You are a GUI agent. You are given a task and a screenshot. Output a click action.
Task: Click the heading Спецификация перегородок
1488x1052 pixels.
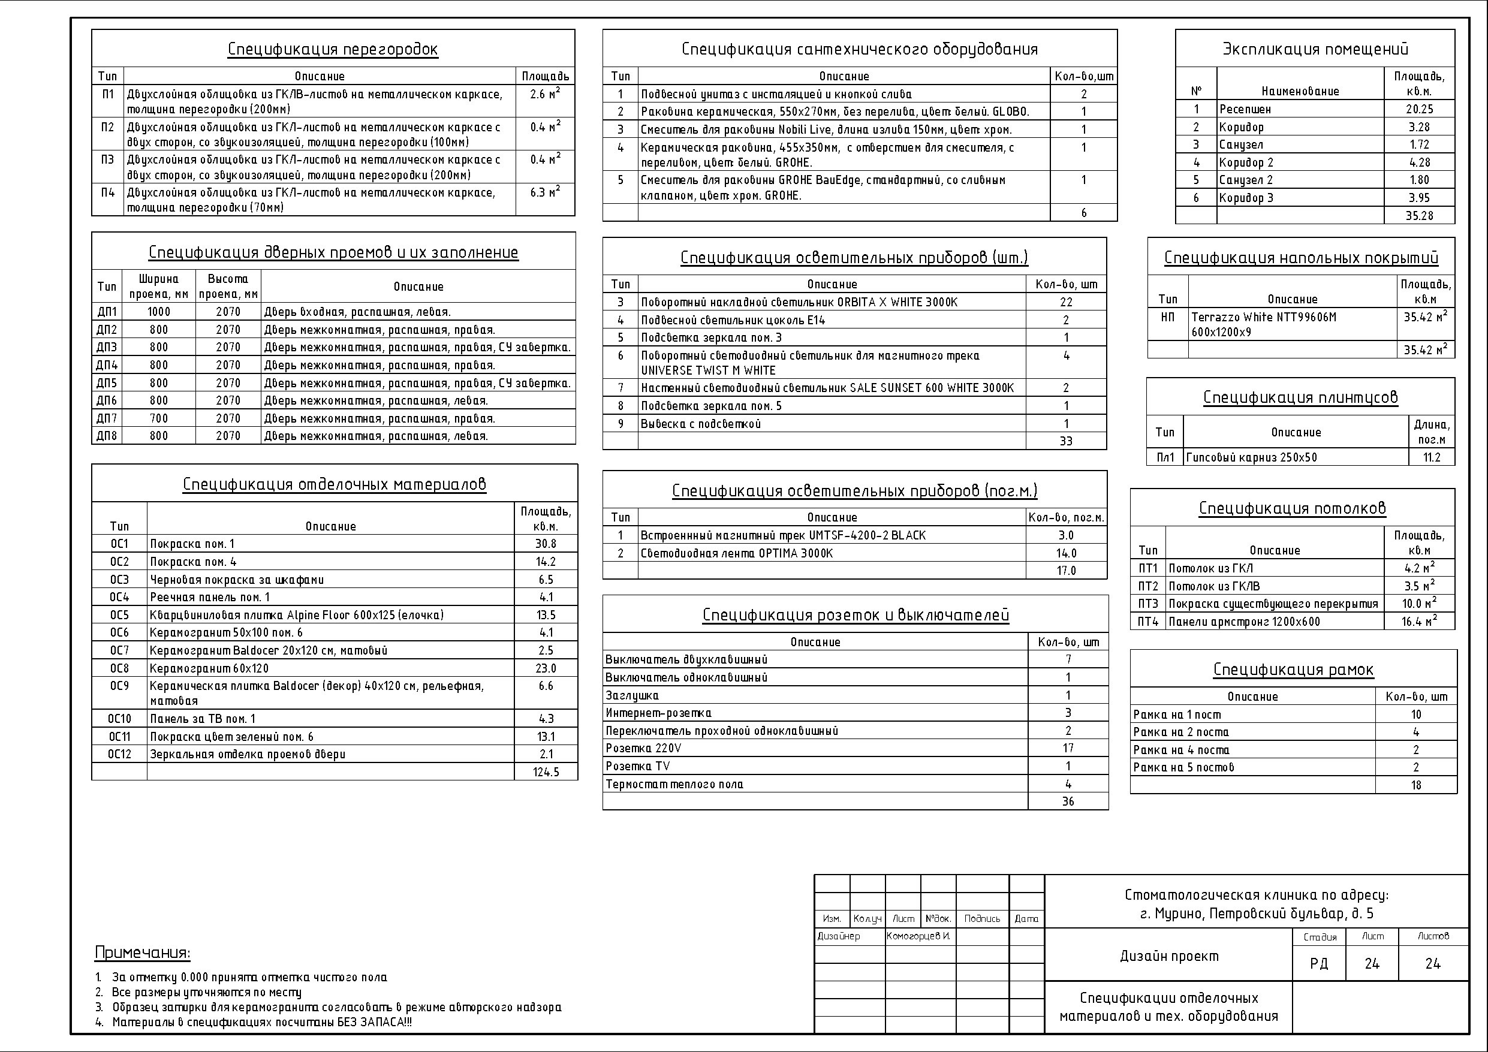[x=333, y=49]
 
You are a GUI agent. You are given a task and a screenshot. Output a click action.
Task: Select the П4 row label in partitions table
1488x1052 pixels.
[x=107, y=192]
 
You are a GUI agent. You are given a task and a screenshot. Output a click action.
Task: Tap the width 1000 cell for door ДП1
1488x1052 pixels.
[x=159, y=312]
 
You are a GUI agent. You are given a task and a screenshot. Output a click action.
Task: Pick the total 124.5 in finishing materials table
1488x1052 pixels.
[x=546, y=772]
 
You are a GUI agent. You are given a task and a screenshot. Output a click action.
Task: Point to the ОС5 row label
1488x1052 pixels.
[x=119, y=615]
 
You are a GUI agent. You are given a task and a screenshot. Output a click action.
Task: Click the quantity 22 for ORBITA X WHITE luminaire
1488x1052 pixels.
[x=1066, y=302]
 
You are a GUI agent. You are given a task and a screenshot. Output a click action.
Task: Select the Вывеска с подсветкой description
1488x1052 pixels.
[x=701, y=424]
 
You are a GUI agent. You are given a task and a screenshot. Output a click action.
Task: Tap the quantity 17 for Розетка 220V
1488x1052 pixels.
[x=1068, y=748]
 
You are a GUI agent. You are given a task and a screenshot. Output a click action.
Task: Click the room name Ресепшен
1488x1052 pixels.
[x=1245, y=110]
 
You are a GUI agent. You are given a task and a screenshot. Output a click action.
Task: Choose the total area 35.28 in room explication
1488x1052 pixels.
[x=1418, y=216]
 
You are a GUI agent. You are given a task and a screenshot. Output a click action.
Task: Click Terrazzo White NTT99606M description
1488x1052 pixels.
[x=1263, y=318]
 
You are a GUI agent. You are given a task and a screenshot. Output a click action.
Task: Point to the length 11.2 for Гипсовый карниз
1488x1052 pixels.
[x=1432, y=457]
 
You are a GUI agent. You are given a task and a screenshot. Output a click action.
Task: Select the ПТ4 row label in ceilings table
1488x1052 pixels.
[x=1147, y=622]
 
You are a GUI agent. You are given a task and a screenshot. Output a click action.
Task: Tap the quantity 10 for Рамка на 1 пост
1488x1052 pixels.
[x=1416, y=715]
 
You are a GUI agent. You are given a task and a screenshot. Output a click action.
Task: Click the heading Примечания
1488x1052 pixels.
[x=142, y=953]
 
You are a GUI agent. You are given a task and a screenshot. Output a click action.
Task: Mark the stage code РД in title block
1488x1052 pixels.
[x=1318, y=964]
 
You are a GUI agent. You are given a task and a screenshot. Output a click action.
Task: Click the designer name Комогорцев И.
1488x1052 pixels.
[x=918, y=936]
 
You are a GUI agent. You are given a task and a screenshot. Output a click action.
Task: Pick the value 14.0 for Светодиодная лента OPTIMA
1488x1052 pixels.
[x=1066, y=553]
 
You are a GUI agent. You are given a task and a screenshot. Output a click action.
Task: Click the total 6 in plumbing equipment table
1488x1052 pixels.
[x=1083, y=213]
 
